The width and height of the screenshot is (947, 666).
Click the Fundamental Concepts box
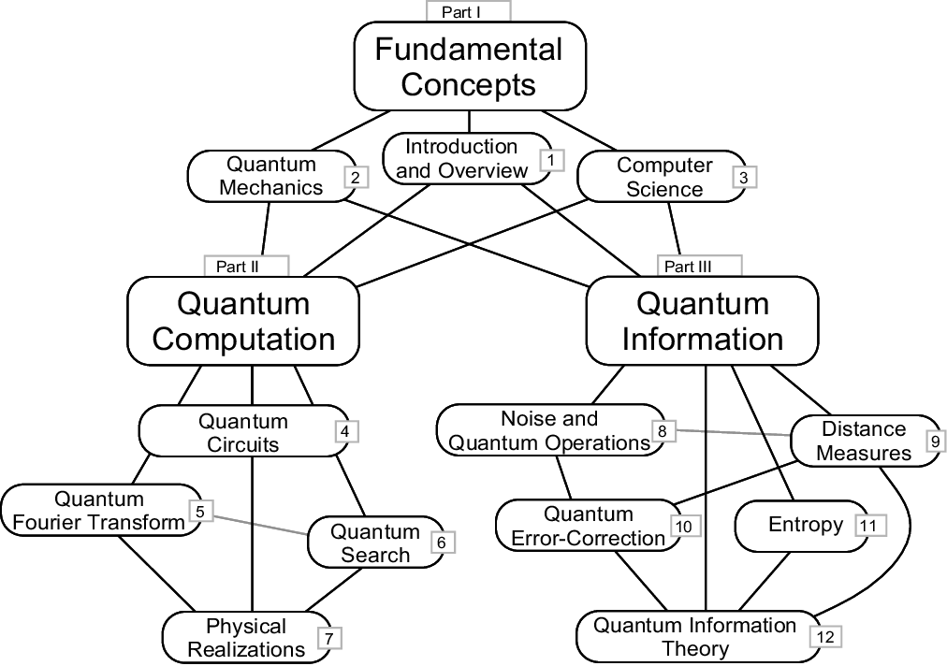tap(469, 67)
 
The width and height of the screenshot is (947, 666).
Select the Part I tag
tap(468, 11)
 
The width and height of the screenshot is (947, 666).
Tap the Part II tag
tap(246, 267)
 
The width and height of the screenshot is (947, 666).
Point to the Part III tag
tap(699, 267)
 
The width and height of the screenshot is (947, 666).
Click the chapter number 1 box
tap(551, 160)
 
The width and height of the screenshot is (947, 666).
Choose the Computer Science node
tap(665, 177)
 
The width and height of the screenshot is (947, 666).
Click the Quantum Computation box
tap(243, 321)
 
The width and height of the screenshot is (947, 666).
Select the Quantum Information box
tap(703, 321)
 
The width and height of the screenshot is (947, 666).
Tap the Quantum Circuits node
tap(243, 432)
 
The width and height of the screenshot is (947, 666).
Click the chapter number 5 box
tap(201, 511)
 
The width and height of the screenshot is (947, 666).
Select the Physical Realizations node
tap(246, 637)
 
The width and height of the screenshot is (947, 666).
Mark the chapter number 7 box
tap(329, 639)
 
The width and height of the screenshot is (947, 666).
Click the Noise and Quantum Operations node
tap(549, 430)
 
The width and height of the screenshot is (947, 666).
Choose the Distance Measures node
tap(864, 441)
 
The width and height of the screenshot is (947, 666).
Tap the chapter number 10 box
tap(683, 527)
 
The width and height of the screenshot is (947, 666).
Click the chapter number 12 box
tap(824, 636)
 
